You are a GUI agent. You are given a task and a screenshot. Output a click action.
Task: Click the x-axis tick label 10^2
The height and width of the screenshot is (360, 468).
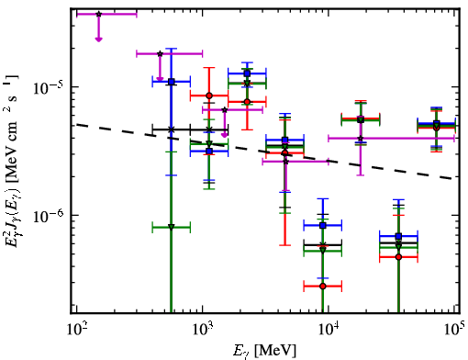[76, 330]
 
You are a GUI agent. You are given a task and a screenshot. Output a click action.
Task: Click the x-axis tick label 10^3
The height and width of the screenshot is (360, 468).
[203, 330]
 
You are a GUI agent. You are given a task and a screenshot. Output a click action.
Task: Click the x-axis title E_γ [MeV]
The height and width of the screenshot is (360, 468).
[264, 351]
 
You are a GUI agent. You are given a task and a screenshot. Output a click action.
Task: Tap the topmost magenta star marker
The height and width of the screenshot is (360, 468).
[98, 14]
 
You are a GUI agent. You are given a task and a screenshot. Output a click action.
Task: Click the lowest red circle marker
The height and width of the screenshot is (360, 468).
[323, 287]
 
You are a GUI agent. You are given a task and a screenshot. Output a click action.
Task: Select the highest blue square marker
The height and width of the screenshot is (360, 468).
[247, 73]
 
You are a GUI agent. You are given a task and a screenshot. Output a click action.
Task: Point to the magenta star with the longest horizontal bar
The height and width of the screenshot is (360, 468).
[361, 139]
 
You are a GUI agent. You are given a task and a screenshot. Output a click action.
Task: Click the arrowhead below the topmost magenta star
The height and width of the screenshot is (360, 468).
[98, 39]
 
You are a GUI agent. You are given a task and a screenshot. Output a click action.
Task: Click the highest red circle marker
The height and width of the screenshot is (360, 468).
[209, 96]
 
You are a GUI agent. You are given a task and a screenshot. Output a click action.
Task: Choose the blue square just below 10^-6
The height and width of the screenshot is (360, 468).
[323, 226]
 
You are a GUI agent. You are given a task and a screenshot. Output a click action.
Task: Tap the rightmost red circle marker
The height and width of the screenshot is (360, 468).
[437, 128]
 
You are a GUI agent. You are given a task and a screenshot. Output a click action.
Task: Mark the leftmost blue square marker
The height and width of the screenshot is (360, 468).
[172, 82]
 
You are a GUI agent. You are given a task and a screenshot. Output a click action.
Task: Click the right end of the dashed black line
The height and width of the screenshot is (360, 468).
[455, 178]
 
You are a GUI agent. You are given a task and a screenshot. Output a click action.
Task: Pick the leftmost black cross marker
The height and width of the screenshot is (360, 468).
[172, 129]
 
